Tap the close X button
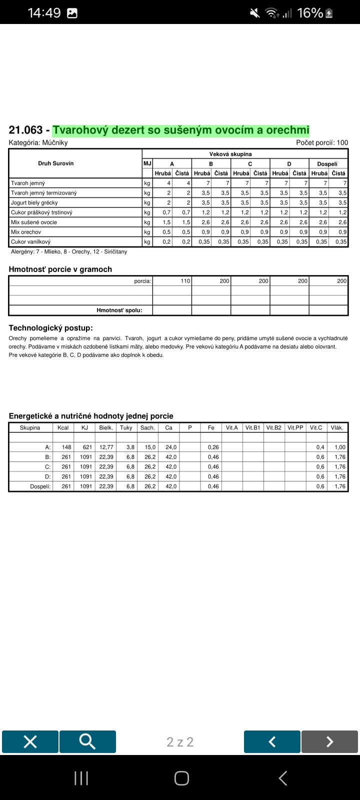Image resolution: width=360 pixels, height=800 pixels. click(30, 741)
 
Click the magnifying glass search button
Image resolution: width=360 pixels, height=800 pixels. click(87, 741)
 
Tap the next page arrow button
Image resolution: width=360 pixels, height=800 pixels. click(329, 741)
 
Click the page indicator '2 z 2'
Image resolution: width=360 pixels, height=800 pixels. click(180, 742)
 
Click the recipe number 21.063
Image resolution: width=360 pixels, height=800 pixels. click(26, 130)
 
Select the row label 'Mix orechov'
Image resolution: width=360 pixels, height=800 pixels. click(26, 232)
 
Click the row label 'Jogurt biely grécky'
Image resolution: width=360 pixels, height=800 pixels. click(34, 202)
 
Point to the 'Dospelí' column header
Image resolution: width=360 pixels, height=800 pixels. click(327, 163)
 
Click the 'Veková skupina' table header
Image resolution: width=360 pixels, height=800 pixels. click(230, 154)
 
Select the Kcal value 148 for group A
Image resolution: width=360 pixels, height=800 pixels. click(66, 447)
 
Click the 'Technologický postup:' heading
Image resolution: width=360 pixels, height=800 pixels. click(51, 328)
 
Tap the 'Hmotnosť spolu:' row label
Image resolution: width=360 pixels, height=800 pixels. click(119, 310)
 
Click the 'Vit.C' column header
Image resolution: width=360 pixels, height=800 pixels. click(316, 427)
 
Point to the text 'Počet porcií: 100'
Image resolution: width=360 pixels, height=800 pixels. click(322, 142)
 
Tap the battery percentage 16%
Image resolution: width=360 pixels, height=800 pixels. click(310, 13)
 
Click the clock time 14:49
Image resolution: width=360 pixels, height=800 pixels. click(44, 13)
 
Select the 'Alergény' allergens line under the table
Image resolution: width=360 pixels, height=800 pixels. click(69, 251)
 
